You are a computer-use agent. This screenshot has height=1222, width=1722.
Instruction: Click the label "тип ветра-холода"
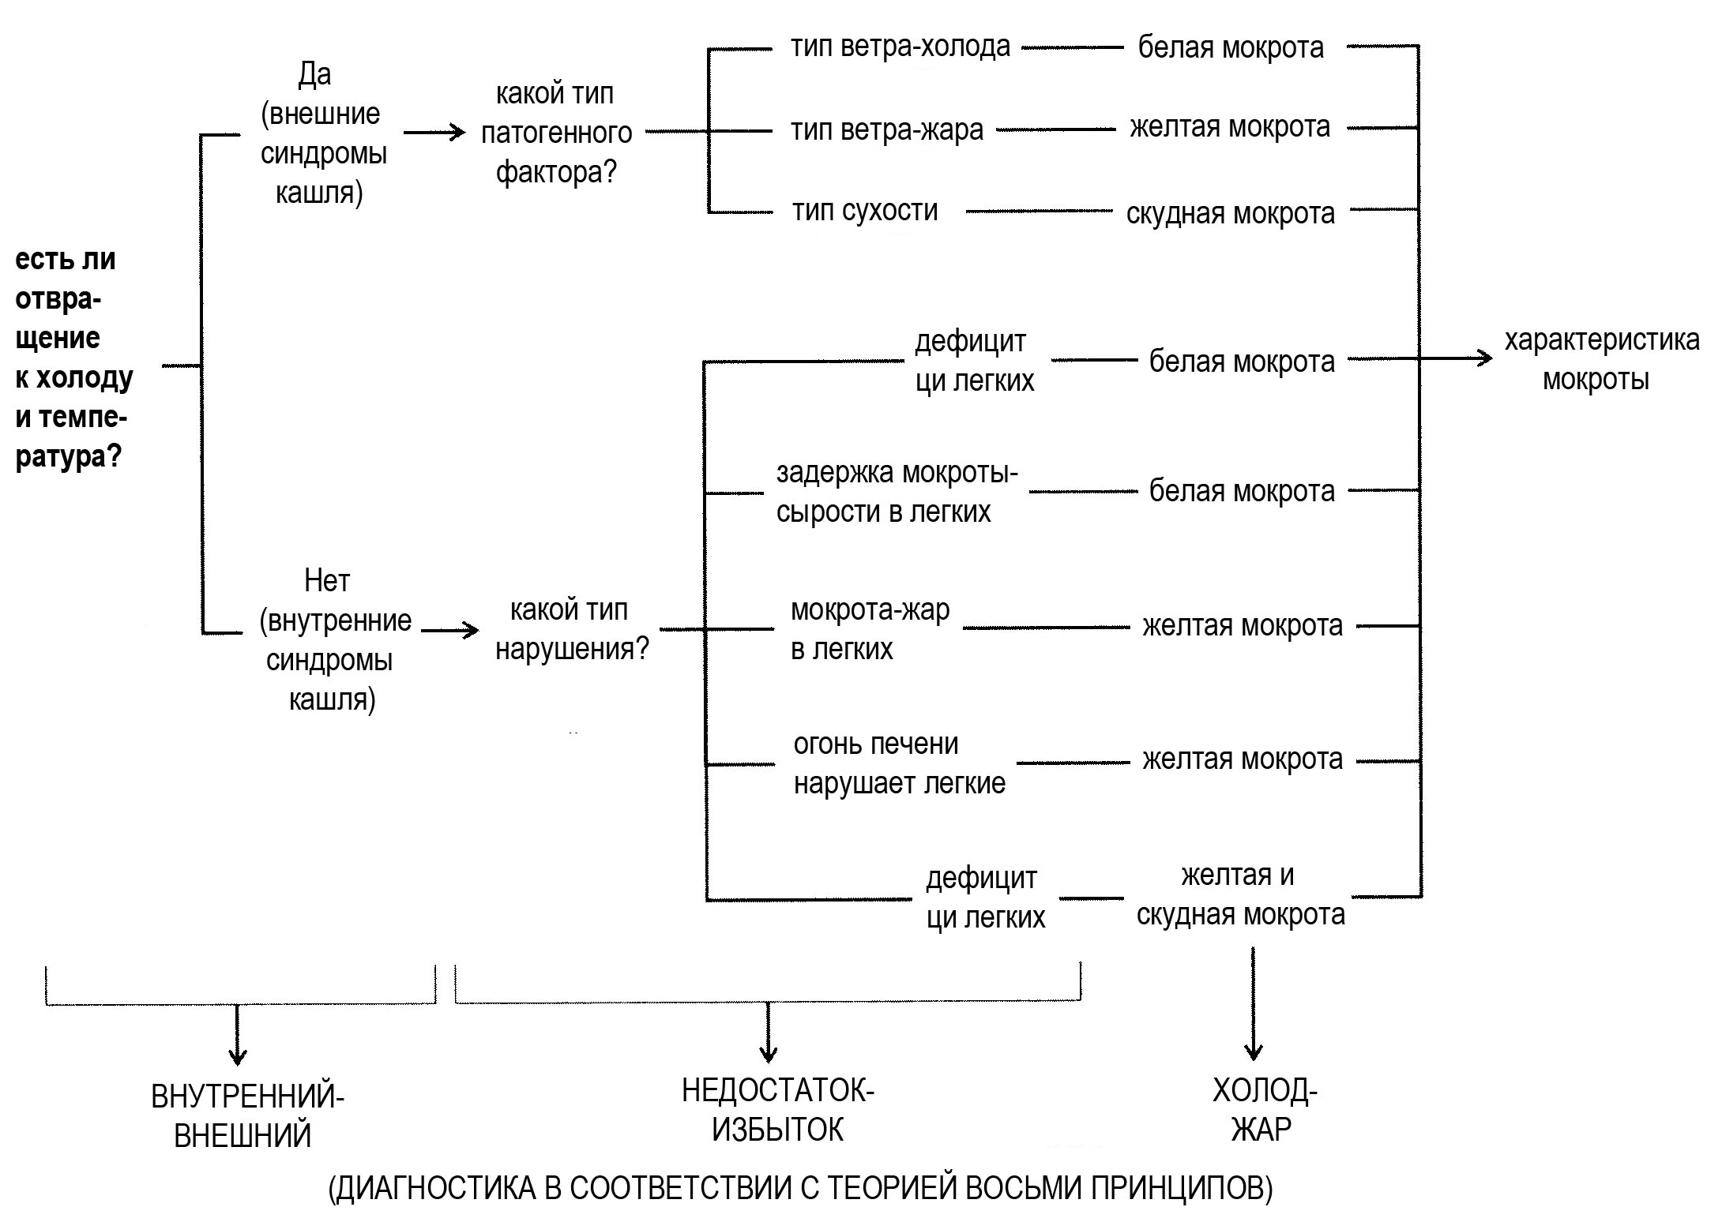900,47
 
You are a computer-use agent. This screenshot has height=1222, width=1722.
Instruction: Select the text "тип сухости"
865,212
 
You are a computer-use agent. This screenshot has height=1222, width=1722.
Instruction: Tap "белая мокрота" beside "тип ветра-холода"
1230,48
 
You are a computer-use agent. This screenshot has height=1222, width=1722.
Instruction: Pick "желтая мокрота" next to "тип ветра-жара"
1229,128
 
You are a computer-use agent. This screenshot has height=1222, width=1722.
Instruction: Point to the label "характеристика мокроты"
1601,360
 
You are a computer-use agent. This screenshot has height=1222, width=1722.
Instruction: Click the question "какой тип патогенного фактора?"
556,133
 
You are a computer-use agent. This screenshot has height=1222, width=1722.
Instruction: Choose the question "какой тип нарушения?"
570,629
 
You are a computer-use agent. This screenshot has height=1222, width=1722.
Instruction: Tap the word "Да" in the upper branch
314,75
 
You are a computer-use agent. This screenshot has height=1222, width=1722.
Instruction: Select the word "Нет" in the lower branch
326,582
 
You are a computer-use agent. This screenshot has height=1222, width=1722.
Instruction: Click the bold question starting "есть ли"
73,358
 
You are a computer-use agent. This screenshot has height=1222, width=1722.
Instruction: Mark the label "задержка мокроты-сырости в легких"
897,492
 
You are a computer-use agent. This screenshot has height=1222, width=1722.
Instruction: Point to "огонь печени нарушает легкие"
899,763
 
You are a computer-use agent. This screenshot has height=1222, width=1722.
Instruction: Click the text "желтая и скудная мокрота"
1239,895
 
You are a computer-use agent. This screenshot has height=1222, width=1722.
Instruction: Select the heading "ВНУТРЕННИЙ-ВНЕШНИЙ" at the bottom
246,1116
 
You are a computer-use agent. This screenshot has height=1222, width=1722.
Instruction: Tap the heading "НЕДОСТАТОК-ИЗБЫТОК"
777,1111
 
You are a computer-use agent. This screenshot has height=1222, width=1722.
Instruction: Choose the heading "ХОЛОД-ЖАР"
1264,1111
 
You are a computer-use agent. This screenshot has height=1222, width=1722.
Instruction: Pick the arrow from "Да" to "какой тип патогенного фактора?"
434,133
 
